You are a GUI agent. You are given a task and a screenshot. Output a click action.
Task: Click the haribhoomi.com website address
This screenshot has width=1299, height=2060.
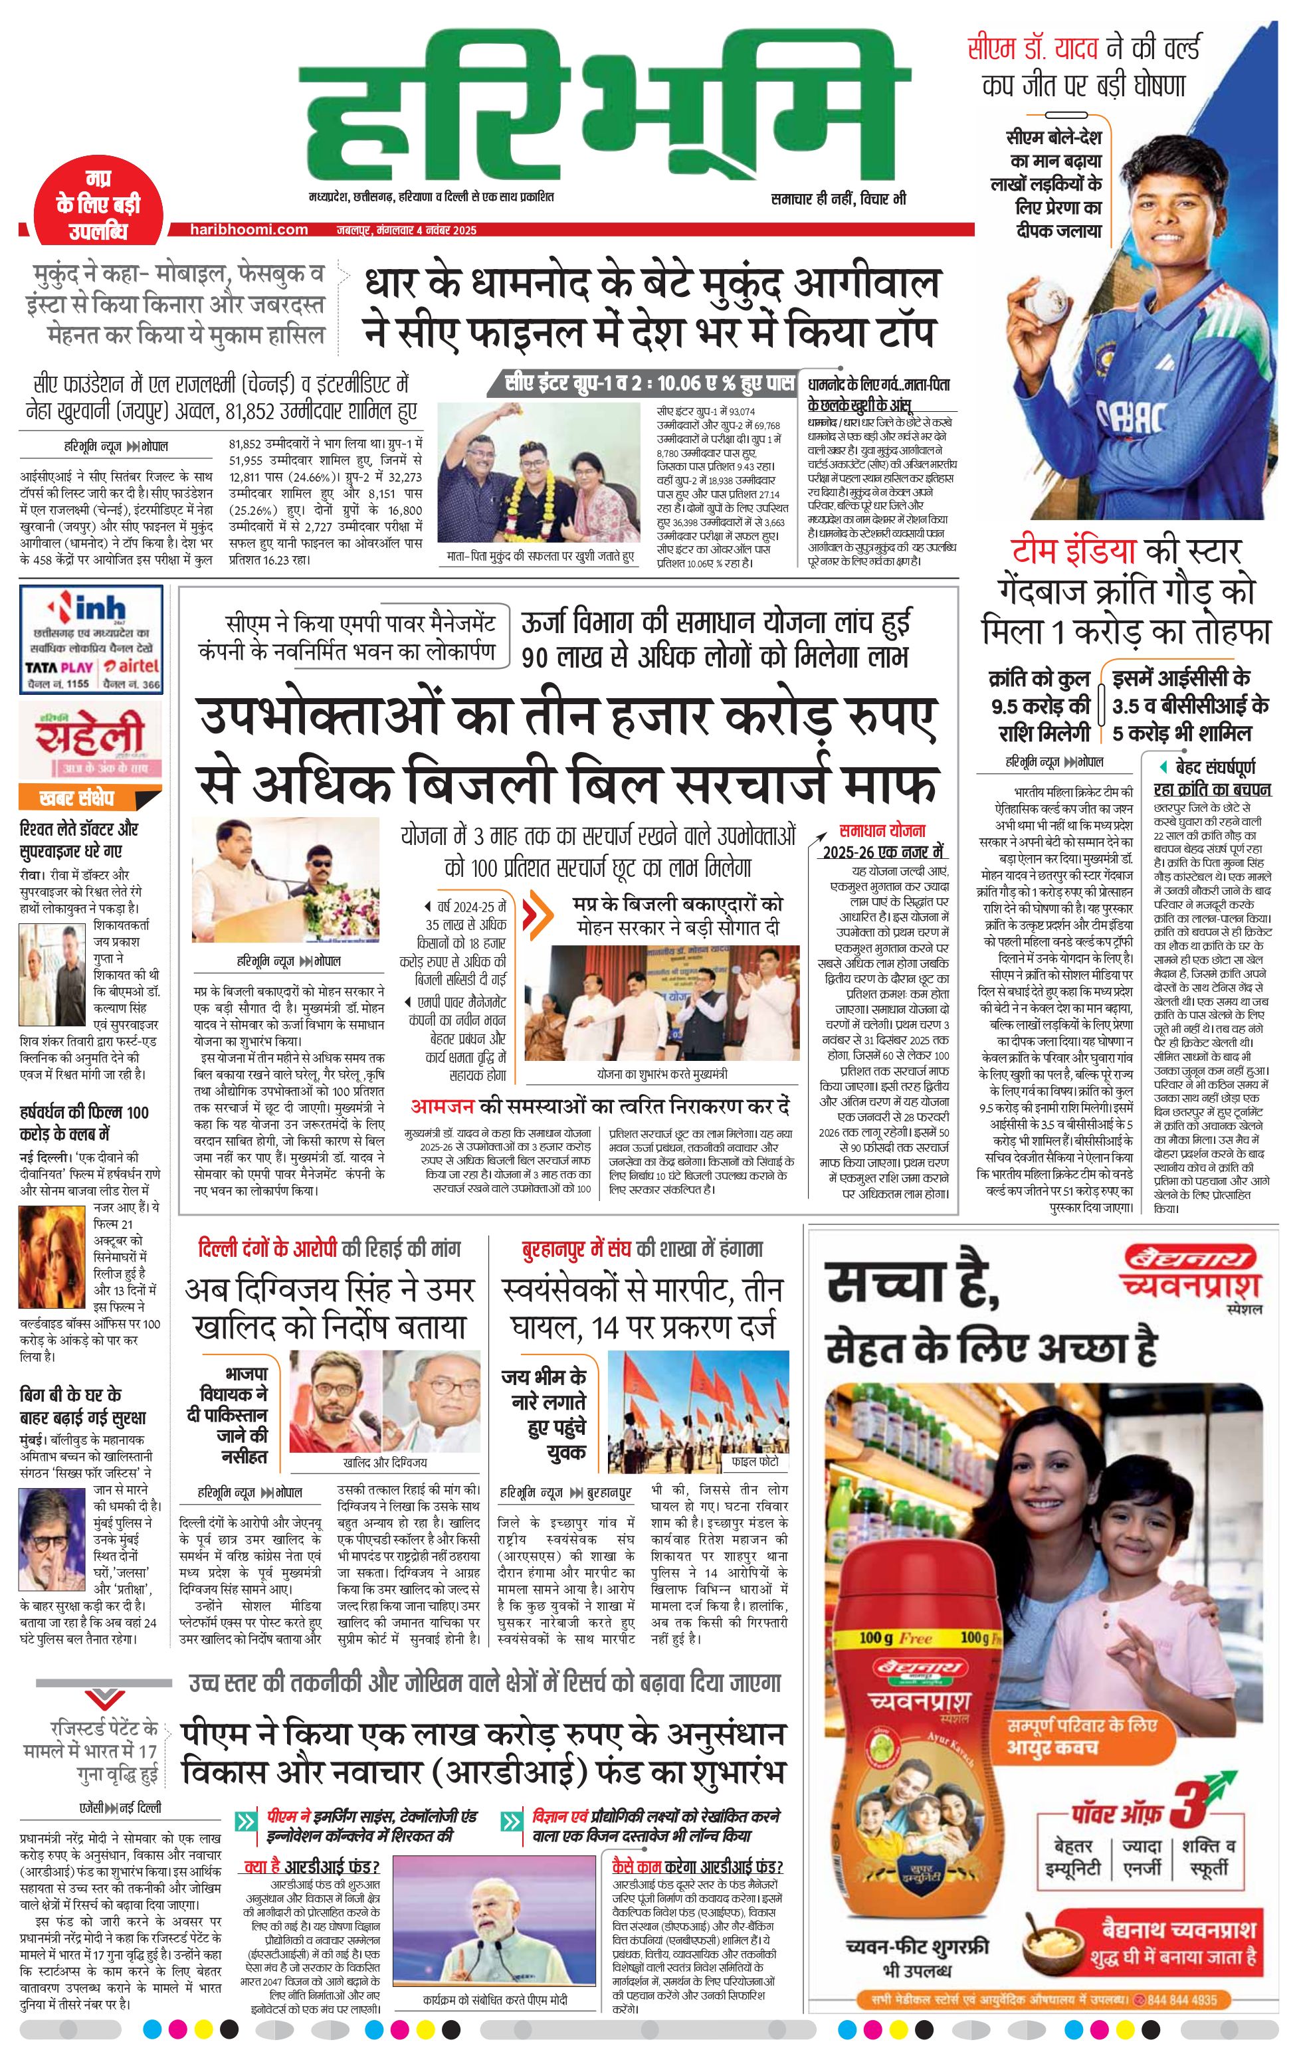[250, 229]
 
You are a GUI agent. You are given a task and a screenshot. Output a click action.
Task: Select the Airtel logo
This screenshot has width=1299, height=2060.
[130, 666]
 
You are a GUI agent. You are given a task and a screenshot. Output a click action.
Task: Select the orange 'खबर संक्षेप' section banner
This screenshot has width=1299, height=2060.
[77, 798]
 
